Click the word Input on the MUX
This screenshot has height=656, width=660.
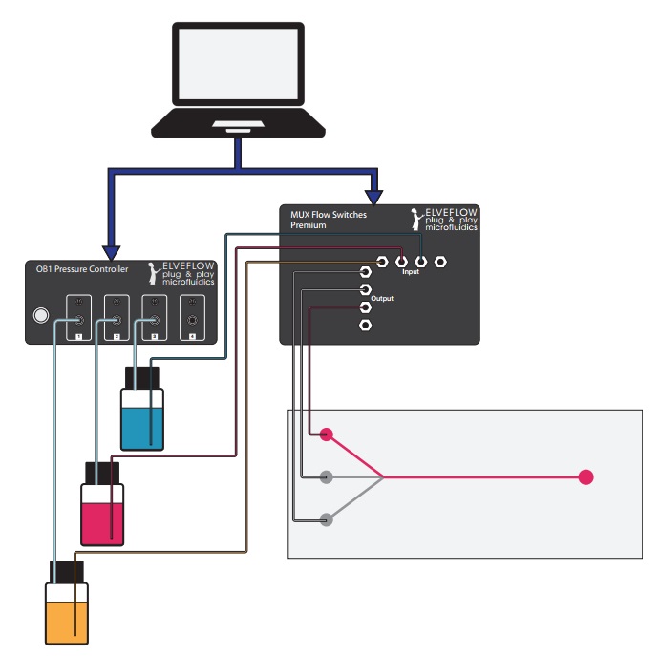click(x=411, y=272)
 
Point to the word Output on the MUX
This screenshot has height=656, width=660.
click(x=382, y=299)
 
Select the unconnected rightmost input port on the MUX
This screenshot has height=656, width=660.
click(x=440, y=261)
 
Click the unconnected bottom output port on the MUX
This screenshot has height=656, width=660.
click(x=365, y=326)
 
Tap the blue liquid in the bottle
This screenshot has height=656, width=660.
click(x=144, y=427)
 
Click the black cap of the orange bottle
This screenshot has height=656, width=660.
click(x=69, y=573)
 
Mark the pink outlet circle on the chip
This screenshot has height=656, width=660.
click(x=585, y=476)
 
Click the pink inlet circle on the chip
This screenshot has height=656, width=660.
click(x=327, y=434)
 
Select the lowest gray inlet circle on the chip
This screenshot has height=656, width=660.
click(x=327, y=519)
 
